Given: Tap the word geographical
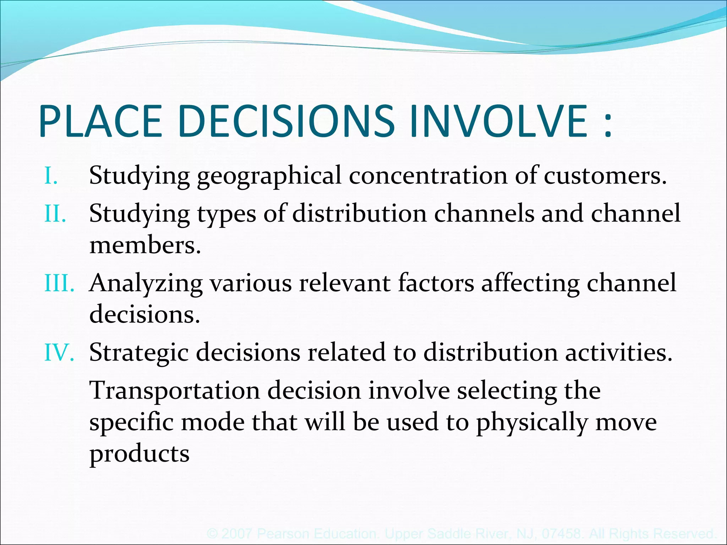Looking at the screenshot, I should [269, 176].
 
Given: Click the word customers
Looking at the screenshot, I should [605, 176].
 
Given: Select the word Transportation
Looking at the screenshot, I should [175, 391].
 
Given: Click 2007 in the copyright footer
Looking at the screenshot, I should [237, 534].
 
